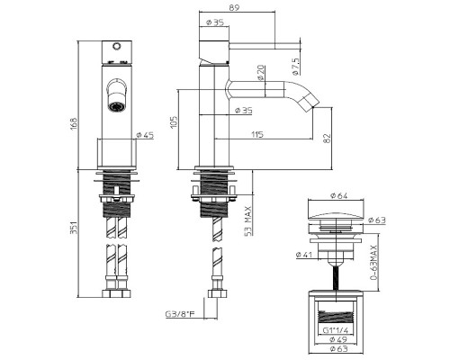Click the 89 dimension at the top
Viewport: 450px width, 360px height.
[235, 7]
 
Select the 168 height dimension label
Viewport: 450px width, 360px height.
[74, 122]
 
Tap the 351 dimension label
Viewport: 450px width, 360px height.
[74, 227]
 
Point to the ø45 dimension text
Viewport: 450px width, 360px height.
[145, 135]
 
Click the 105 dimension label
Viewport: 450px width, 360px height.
[174, 122]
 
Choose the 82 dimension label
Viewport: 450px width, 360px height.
[328, 138]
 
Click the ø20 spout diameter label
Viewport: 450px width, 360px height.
[261, 73]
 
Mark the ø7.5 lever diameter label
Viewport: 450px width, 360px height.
[295, 67]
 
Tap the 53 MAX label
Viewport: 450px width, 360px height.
[248, 221]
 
